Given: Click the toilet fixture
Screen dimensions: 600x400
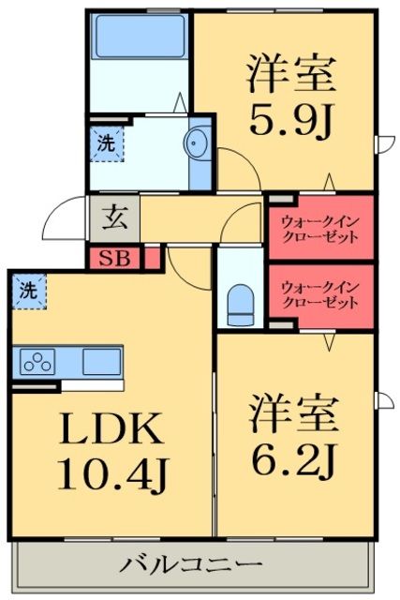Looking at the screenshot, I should click(x=241, y=300).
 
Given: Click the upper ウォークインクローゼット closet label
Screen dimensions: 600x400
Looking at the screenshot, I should click(x=320, y=228).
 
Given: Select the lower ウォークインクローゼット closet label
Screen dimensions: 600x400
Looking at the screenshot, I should click(x=320, y=296).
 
